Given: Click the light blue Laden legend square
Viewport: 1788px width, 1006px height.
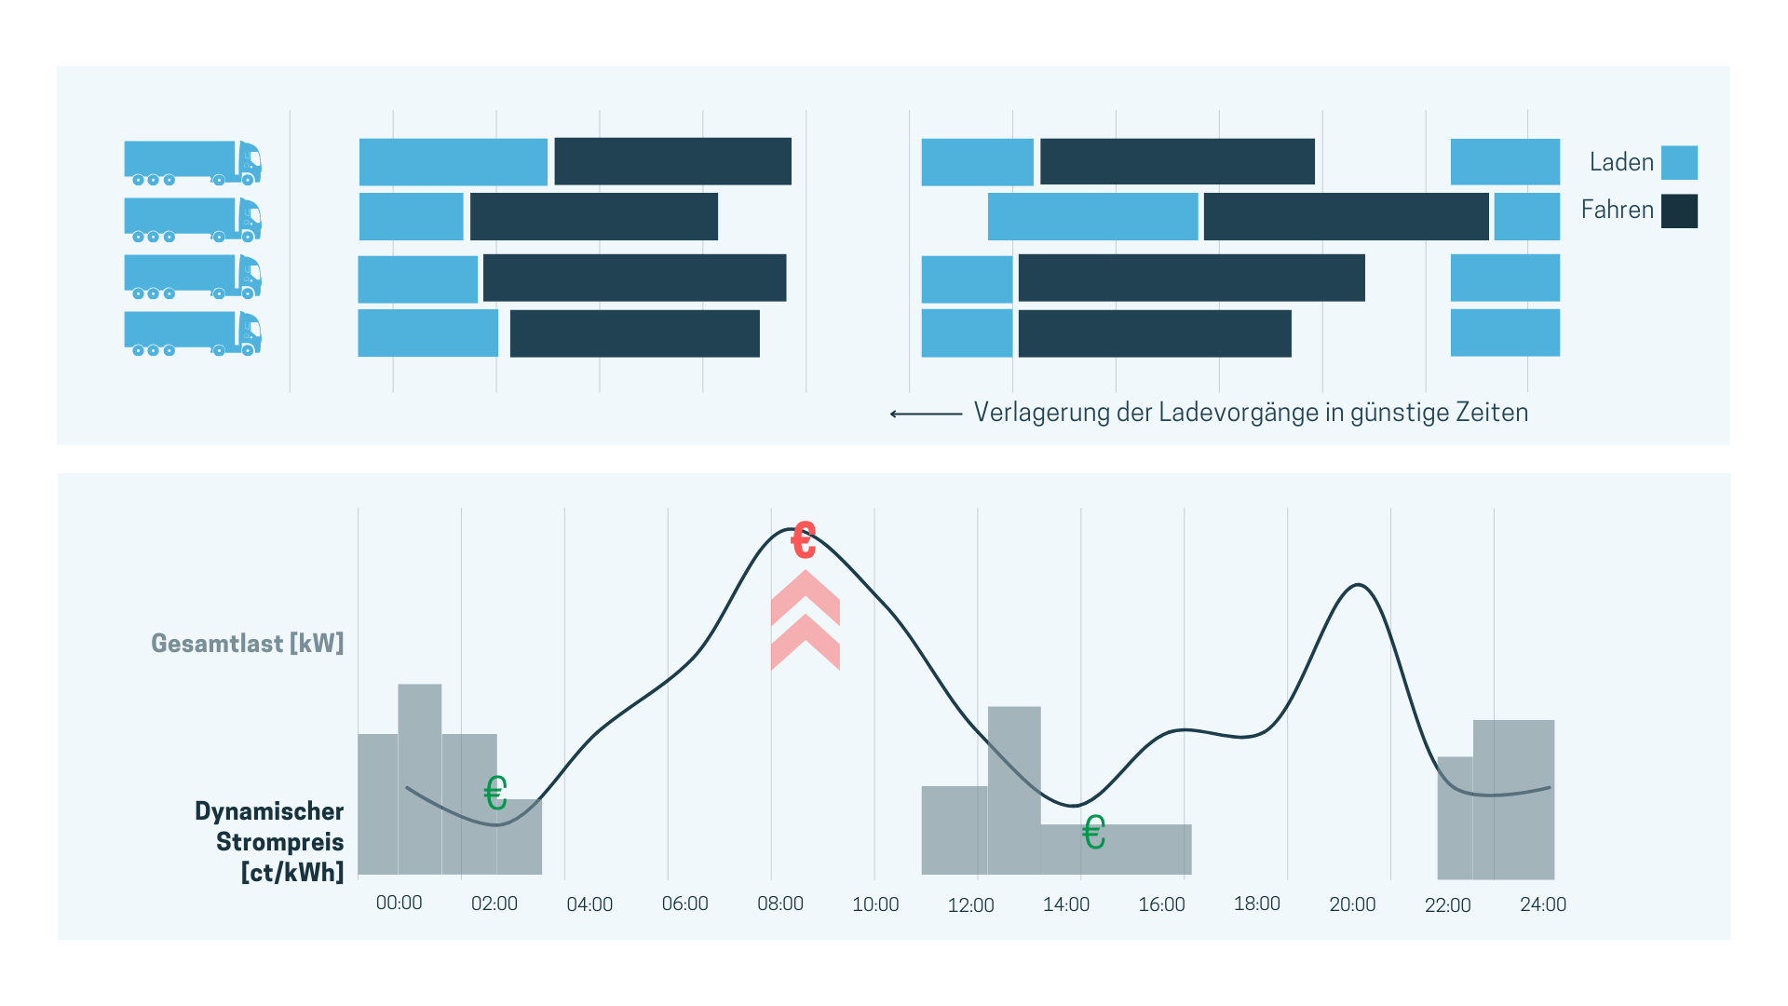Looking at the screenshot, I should (1679, 162).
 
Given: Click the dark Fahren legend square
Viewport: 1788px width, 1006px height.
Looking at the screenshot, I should (1679, 211).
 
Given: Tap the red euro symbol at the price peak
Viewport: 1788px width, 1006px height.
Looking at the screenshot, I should (803, 539).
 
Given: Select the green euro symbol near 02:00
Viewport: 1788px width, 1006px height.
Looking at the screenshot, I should (495, 794).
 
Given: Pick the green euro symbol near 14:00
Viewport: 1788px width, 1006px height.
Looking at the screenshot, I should (1094, 832).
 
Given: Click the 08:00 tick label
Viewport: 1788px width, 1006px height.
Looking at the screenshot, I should (780, 904).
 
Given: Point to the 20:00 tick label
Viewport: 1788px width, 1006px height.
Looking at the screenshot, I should (1352, 904).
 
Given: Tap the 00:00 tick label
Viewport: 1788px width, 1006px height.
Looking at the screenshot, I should (399, 903).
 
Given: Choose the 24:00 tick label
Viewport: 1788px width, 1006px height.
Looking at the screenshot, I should (1543, 904).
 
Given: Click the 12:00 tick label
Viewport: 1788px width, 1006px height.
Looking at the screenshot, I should (970, 905).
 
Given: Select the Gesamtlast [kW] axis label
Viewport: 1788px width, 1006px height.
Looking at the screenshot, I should (248, 643).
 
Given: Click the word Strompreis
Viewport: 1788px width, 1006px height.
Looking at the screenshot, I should (280, 842).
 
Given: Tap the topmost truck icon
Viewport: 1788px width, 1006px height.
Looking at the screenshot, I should (193, 163).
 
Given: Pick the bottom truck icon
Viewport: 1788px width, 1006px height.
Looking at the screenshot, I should (193, 333).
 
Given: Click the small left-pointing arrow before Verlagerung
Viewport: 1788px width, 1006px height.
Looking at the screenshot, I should (925, 414).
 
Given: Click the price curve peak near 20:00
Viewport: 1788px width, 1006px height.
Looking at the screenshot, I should (1359, 585).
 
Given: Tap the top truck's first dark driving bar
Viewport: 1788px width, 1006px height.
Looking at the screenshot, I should (672, 161).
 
